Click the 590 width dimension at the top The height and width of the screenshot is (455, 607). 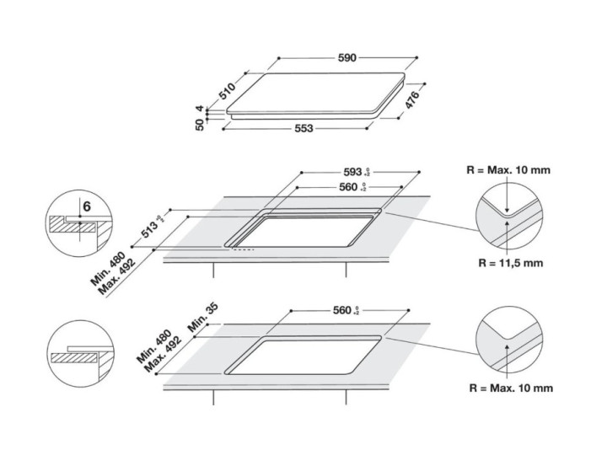point(348,58)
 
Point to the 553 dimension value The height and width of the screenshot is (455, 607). point(303,129)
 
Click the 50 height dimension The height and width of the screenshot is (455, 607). point(201,126)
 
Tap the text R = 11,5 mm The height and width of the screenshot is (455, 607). point(510,263)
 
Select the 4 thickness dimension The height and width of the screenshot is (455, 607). point(201,109)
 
